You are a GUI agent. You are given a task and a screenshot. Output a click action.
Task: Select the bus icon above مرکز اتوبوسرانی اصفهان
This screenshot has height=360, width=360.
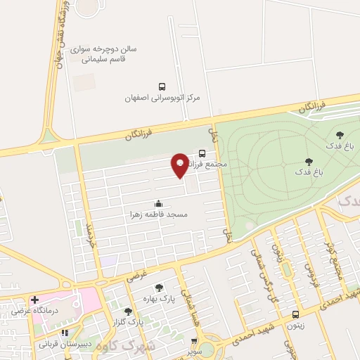tap(163, 86)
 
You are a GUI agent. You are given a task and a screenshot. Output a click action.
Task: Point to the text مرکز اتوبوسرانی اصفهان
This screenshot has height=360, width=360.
tap(162, 98)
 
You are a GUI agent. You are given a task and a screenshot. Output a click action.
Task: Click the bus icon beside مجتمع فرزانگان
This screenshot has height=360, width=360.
tap(202, 153)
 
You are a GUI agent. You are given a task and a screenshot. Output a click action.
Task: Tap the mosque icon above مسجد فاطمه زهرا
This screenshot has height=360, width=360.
tap(157, 203)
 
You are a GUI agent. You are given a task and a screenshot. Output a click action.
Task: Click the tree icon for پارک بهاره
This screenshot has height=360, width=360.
tap(159, 287)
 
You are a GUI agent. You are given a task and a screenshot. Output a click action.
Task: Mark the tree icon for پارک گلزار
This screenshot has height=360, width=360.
tap(127, 311)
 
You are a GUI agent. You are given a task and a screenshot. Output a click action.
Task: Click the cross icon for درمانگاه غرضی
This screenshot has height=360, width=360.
tap(34, 300)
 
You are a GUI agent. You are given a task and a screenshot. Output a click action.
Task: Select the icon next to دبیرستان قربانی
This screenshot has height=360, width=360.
tap(65, 333)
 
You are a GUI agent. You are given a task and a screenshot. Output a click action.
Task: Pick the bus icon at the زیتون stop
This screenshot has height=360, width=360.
tap(296, 314)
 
